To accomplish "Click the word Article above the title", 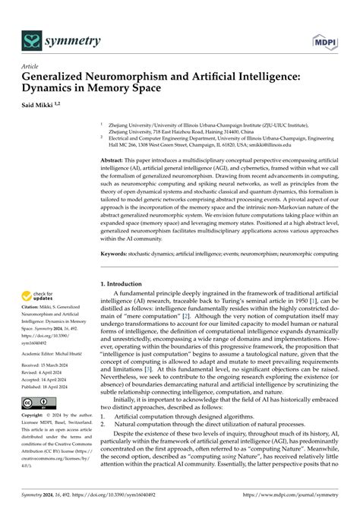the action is [x=32, y=66].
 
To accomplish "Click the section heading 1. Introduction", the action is [x=126, y=261].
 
